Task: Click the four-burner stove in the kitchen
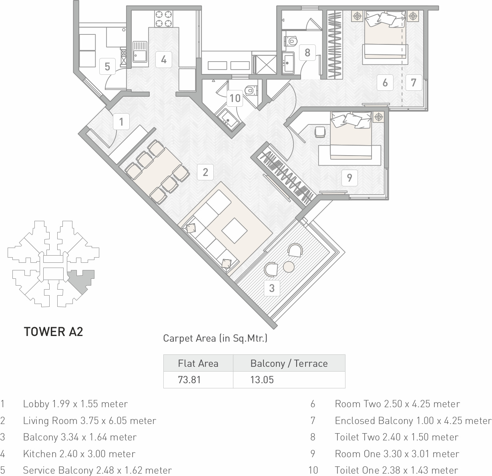164,19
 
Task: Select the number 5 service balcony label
107,66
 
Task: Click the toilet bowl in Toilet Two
291,41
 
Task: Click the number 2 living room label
205,172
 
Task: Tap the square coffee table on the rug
234,231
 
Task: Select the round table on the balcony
289,267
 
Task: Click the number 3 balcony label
272,288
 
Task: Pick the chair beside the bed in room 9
320,132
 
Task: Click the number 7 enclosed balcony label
414,82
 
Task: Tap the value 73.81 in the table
189,380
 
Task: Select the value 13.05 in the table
262,380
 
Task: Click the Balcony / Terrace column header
289,363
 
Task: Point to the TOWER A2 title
53,332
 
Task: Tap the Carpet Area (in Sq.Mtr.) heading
215,338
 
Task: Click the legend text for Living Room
90,421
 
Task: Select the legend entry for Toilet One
396,470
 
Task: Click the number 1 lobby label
121,122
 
